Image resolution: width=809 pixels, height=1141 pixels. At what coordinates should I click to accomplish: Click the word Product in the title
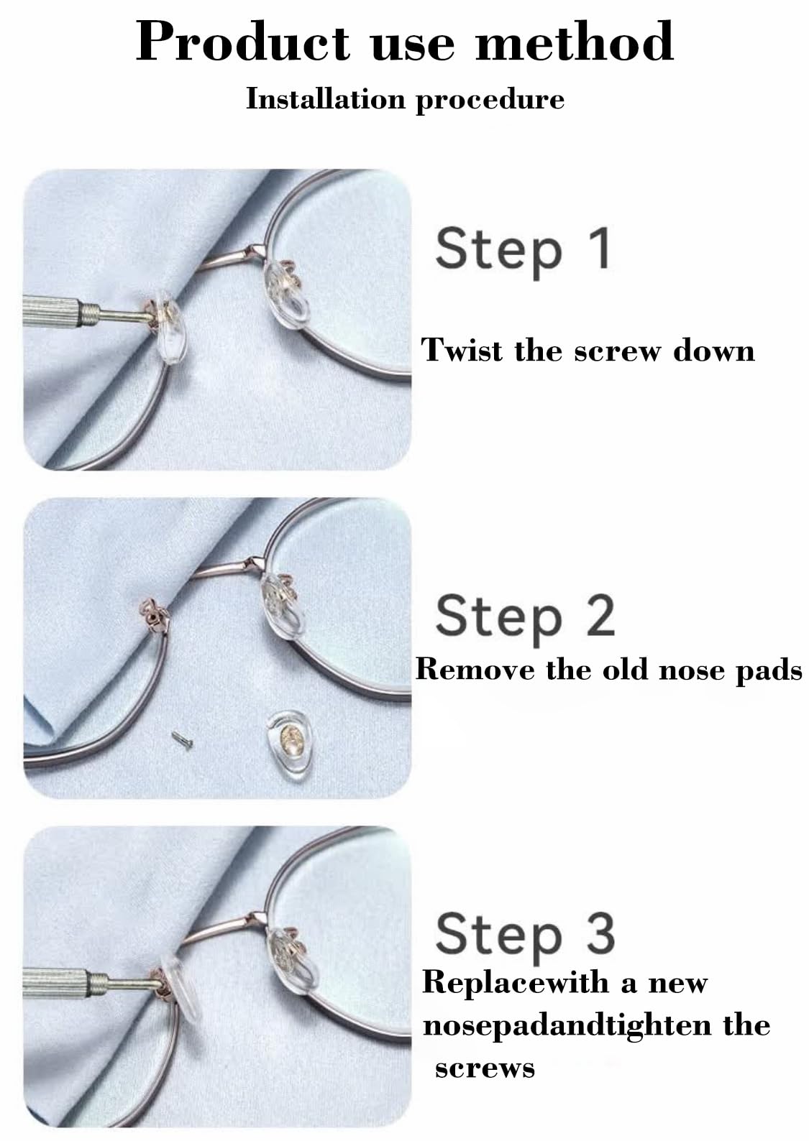click(242, 42)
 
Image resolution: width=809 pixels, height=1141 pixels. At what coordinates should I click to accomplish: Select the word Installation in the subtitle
click(327, 98)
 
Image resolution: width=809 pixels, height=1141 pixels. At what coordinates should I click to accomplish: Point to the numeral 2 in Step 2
click(598, 616)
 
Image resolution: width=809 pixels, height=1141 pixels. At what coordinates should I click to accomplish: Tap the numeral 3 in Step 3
click(599, 933)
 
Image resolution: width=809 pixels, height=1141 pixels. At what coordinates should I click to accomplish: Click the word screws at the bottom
click(485, 1068)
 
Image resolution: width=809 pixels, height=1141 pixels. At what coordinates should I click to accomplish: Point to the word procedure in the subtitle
click(490, 100)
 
